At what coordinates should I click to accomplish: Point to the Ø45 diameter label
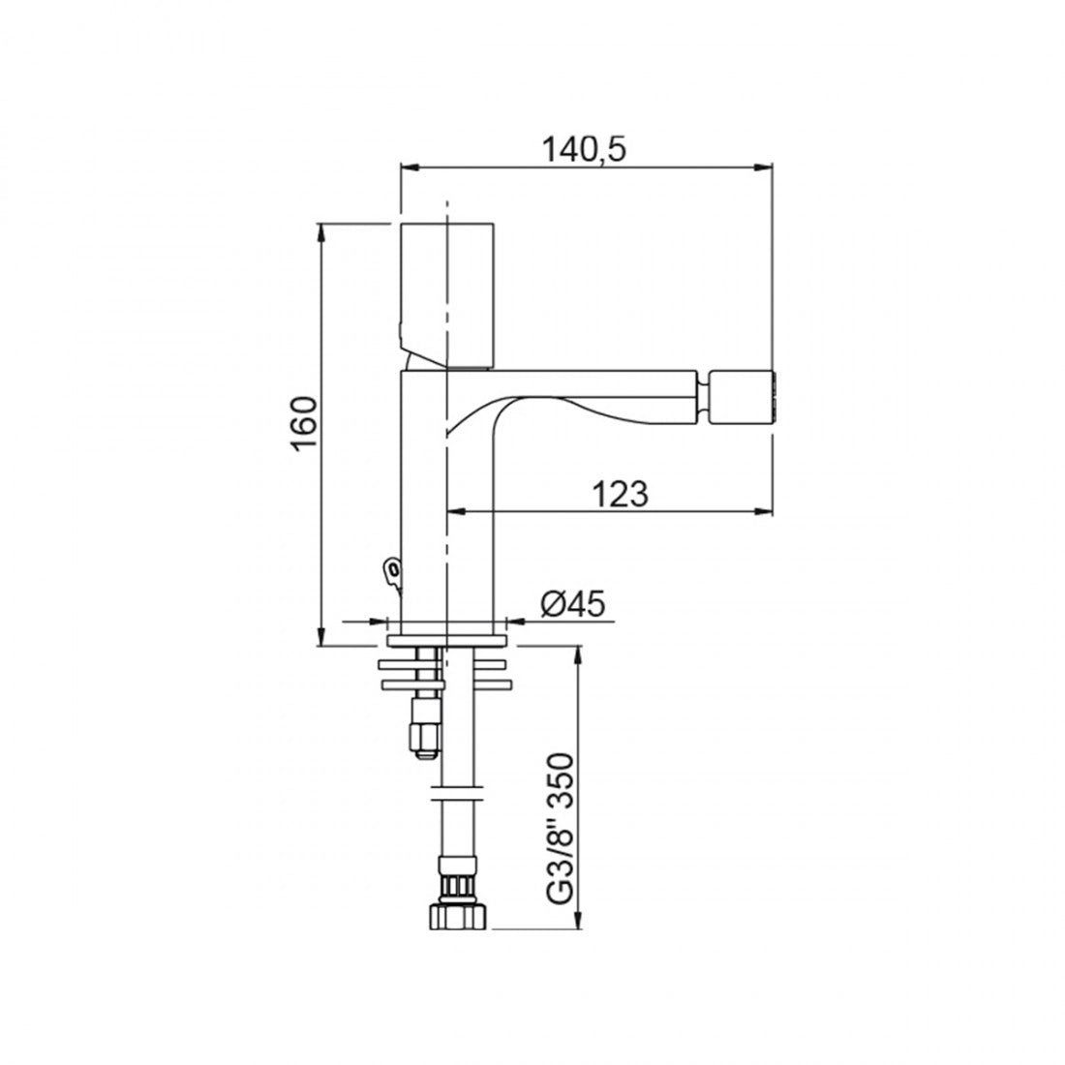pyautogui.click(x=571, y=604)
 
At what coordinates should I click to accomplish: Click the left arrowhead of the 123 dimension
pyautogui.click(x=453, y=510)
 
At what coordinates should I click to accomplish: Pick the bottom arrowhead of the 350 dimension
pyautogui.click(x=578, y=924)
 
